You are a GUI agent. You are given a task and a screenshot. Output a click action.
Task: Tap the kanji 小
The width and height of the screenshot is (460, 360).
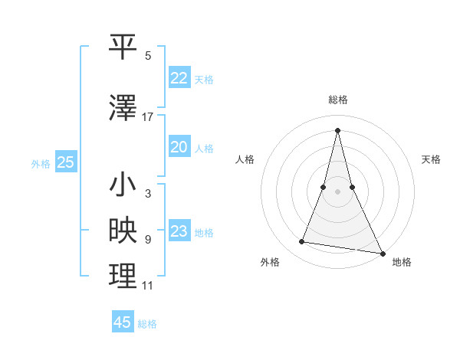click(123, 185)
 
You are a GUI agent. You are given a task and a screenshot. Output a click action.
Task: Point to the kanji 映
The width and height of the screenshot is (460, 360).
click(123, 231)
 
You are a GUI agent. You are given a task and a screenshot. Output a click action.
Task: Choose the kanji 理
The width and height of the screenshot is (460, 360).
click(123, 277)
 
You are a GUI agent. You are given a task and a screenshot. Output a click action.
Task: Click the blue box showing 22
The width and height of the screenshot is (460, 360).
click(179, 78)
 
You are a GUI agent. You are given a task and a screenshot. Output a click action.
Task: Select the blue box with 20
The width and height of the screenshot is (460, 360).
click(179, 147)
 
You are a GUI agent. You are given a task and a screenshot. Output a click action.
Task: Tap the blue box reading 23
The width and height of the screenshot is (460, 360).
click(179, 231)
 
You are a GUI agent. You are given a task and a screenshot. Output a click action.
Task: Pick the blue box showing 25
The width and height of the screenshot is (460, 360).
click(66, 162)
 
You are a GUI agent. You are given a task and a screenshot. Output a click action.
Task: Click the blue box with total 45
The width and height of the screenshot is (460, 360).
click(123, 322)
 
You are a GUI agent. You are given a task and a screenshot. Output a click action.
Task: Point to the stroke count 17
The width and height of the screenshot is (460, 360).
click(148, 117)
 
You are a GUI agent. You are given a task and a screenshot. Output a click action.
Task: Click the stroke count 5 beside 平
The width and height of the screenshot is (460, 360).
click(148, 56)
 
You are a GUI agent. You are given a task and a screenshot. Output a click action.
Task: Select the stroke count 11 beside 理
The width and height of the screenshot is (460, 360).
click(148, 286)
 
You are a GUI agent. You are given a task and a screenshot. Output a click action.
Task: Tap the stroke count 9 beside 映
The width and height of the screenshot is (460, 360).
click(148, 240)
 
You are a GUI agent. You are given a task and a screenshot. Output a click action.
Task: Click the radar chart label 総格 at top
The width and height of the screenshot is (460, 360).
click(338, 100)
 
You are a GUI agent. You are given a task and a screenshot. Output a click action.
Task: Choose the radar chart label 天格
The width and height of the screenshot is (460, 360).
click(431, 159)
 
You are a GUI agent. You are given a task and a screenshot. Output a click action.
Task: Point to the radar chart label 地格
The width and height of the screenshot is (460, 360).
click(402, 262)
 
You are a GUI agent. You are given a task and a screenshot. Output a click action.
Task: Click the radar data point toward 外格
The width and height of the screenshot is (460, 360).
click(302, 242)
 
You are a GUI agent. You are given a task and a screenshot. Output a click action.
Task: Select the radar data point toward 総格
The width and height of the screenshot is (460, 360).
click(337, 129)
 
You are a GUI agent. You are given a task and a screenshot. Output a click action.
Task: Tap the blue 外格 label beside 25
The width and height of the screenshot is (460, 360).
click(41, 163)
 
